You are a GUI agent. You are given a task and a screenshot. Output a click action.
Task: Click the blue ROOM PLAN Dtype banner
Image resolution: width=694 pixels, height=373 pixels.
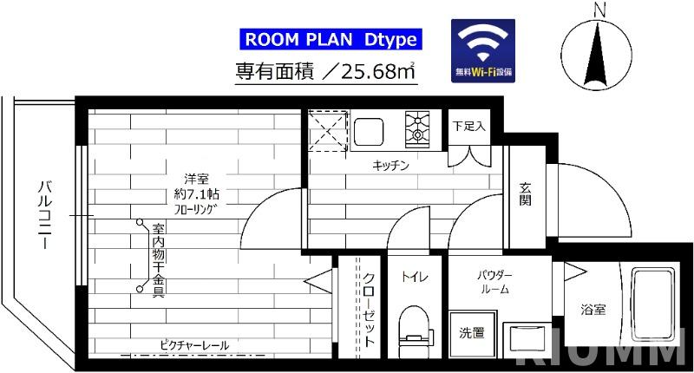[329, 38]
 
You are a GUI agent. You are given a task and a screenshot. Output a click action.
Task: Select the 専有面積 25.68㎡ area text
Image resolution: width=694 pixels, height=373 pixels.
[325, 72]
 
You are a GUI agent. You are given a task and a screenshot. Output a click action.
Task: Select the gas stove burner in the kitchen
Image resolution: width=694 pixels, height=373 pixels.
[419, 130]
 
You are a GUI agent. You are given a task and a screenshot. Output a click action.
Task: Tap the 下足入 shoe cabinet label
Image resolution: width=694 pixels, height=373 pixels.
[469, 125]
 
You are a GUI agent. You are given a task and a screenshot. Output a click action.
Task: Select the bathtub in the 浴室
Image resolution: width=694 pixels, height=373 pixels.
[653, 304]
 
